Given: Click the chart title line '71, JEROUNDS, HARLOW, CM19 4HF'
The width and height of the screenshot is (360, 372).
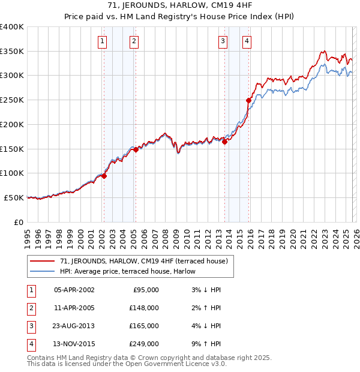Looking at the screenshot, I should (x=179, y=7).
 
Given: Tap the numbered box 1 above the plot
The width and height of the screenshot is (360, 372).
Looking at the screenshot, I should (x=103, y=41).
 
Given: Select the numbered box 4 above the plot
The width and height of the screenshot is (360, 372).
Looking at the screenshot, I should (x=247, y=41).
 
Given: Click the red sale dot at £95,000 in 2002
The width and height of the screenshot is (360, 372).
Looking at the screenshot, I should (x=104, y=176).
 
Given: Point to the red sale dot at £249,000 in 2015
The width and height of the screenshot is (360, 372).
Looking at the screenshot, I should (x=248, y=100).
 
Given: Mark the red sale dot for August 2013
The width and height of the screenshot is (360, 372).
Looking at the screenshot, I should (x=225, y=142).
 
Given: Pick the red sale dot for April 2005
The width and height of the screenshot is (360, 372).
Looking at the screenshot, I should (x=136, y=150).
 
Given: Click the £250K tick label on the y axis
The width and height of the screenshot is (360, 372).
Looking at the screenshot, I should (x=12, y=100).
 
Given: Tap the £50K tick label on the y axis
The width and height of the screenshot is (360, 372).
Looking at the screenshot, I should (x=14, y=197).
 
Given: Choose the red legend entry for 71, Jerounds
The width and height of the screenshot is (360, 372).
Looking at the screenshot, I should (x=143, y=261).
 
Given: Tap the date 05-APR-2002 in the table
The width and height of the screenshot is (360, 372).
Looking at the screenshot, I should (x=74, y=290).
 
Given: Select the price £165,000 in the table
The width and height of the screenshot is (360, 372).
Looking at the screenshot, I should (x=144, y=326).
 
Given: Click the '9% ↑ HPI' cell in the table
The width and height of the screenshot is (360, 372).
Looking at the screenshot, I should (x=205, y=344).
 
